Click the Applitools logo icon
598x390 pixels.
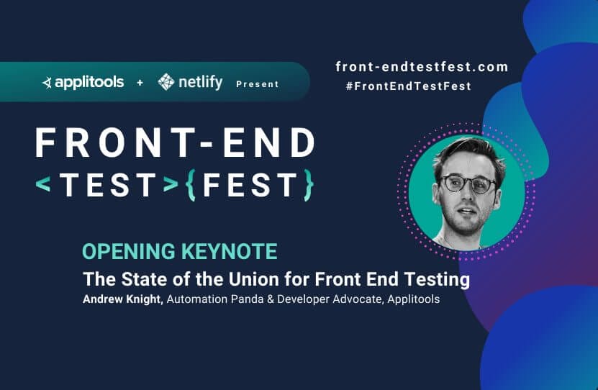tap(47, 83)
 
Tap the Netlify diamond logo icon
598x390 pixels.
tap(166, 82)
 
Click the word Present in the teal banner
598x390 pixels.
tap(258, 84)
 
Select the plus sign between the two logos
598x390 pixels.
tap(140, 82)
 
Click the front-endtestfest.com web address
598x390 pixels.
tap(422, 67)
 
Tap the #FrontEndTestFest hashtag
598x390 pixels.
tap(409, 86)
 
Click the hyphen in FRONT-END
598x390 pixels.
tap(207, 144)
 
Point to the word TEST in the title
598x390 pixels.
tap(109, 185)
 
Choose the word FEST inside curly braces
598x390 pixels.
tap(250, 185)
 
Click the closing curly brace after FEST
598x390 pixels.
tap(309, 185)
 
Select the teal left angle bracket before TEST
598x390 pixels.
tap(43, 184)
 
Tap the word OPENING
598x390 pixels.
tap(129, 251)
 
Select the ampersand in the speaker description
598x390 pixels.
tap(271, 299)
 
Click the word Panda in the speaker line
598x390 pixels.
tap(247, 299)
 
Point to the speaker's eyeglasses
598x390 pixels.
tap(468, 183)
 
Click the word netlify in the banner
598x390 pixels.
tap(201, 82)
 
